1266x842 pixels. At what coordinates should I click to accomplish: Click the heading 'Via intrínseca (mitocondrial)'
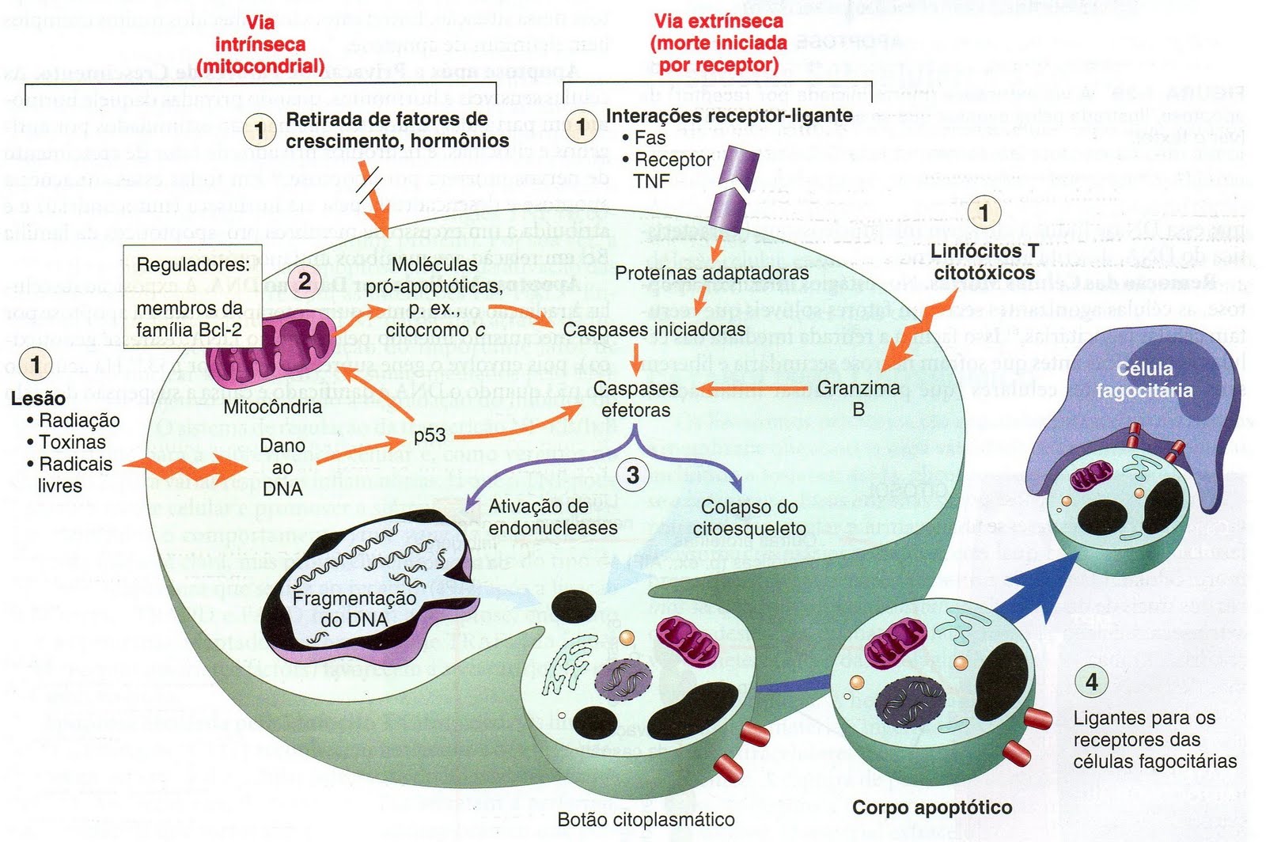tap(260, 44)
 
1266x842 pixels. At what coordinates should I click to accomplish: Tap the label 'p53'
tap(429, 435)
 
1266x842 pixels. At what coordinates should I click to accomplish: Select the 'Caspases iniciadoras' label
tap(654, 329)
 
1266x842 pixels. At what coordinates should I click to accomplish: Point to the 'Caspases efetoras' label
tap(635, 399)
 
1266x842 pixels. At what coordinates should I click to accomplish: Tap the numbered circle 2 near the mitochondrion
tap(304, 280)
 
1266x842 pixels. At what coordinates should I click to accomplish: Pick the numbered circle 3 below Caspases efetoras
tap(632, 476)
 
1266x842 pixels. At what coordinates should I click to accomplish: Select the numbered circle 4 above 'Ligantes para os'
tap(1092, 681)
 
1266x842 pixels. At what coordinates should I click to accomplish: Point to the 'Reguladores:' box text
tap(193, 264)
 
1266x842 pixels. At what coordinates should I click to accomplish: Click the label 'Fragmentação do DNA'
tap(354, 609)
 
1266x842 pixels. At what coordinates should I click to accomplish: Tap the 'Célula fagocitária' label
tap(1144, 379)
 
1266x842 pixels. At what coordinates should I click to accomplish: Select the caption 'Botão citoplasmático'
tap(646, 820)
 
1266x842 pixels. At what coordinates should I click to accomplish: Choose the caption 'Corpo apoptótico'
tap(932, 808)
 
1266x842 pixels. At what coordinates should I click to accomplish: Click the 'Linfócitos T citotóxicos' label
tap(984, 262)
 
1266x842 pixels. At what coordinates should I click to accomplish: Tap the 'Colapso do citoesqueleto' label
tap(749, 518)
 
